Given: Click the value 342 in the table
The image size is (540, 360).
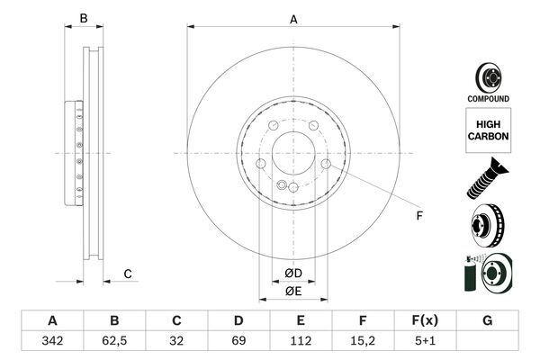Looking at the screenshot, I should (x=52, y=342).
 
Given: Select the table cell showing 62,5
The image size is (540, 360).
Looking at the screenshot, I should (x=114, y=342).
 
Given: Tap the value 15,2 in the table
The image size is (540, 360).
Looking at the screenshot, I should (x=363, y=342).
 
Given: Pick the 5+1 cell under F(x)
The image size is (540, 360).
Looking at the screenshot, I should (x=425, y=342).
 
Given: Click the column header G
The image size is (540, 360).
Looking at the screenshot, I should (x=487, y=320).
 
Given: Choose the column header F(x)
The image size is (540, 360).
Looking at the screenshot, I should (x=425, y=320).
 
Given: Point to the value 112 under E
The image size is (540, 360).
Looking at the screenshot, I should (x=301, y=342).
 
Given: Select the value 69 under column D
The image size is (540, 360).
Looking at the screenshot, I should (x=238, y=342).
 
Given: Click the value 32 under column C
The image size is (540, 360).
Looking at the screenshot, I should (x=176, y=342).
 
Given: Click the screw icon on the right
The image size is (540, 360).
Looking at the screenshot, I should (x=487, y=176).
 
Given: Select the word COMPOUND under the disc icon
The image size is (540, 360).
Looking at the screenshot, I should (x=488, y=98).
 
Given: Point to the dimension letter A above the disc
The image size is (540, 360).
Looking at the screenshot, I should (x=293, y=19).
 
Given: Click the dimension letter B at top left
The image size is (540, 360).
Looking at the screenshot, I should (x=83, y=19).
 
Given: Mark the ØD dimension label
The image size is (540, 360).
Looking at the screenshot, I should (x=293, y=273).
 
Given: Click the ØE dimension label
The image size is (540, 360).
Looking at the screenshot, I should (x=293, y=291).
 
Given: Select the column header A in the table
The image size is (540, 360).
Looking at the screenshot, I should (x=52, y=320).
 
